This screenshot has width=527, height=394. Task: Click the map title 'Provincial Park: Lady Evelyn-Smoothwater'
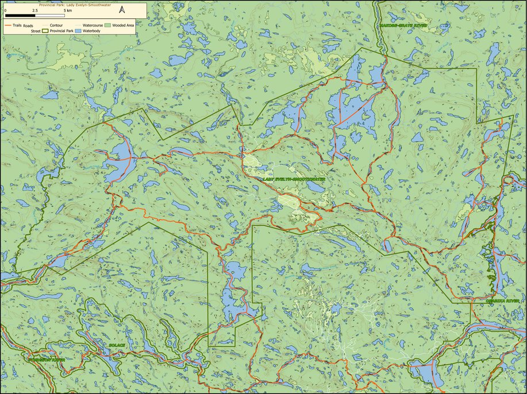tap(72, 5)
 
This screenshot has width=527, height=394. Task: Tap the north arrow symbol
tap(122, 10)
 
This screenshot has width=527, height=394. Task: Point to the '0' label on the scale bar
tap(5, 11)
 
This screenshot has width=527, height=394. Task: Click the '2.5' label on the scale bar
tap(35, 11)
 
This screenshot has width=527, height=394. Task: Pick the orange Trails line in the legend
tap(9, 26)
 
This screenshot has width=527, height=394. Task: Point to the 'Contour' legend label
tap(56, 26)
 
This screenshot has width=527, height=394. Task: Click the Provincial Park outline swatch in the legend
tap(45, 32)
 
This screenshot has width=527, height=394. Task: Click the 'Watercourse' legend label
tap(93, 26)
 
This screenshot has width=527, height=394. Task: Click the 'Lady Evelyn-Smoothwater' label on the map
tap(294, 179)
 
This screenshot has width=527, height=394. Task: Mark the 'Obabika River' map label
tap(502, 300)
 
